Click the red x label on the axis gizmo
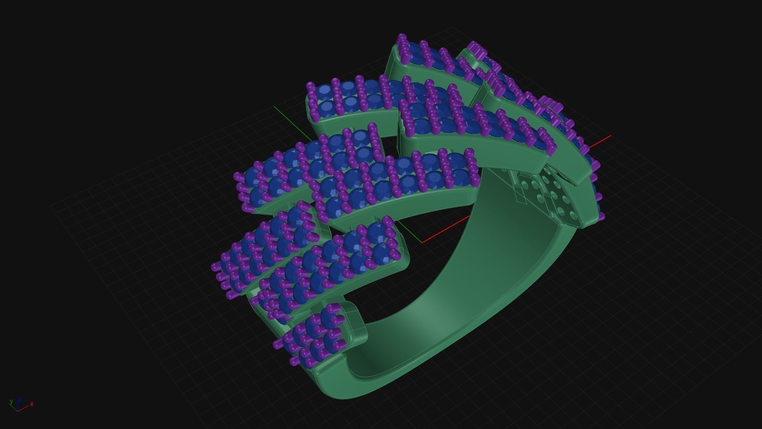coord(32,404)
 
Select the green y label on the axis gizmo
coord(11,402)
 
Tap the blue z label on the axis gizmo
coord(20,400)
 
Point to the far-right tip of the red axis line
coord(610,136)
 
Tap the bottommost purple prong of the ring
coord(294,361)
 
